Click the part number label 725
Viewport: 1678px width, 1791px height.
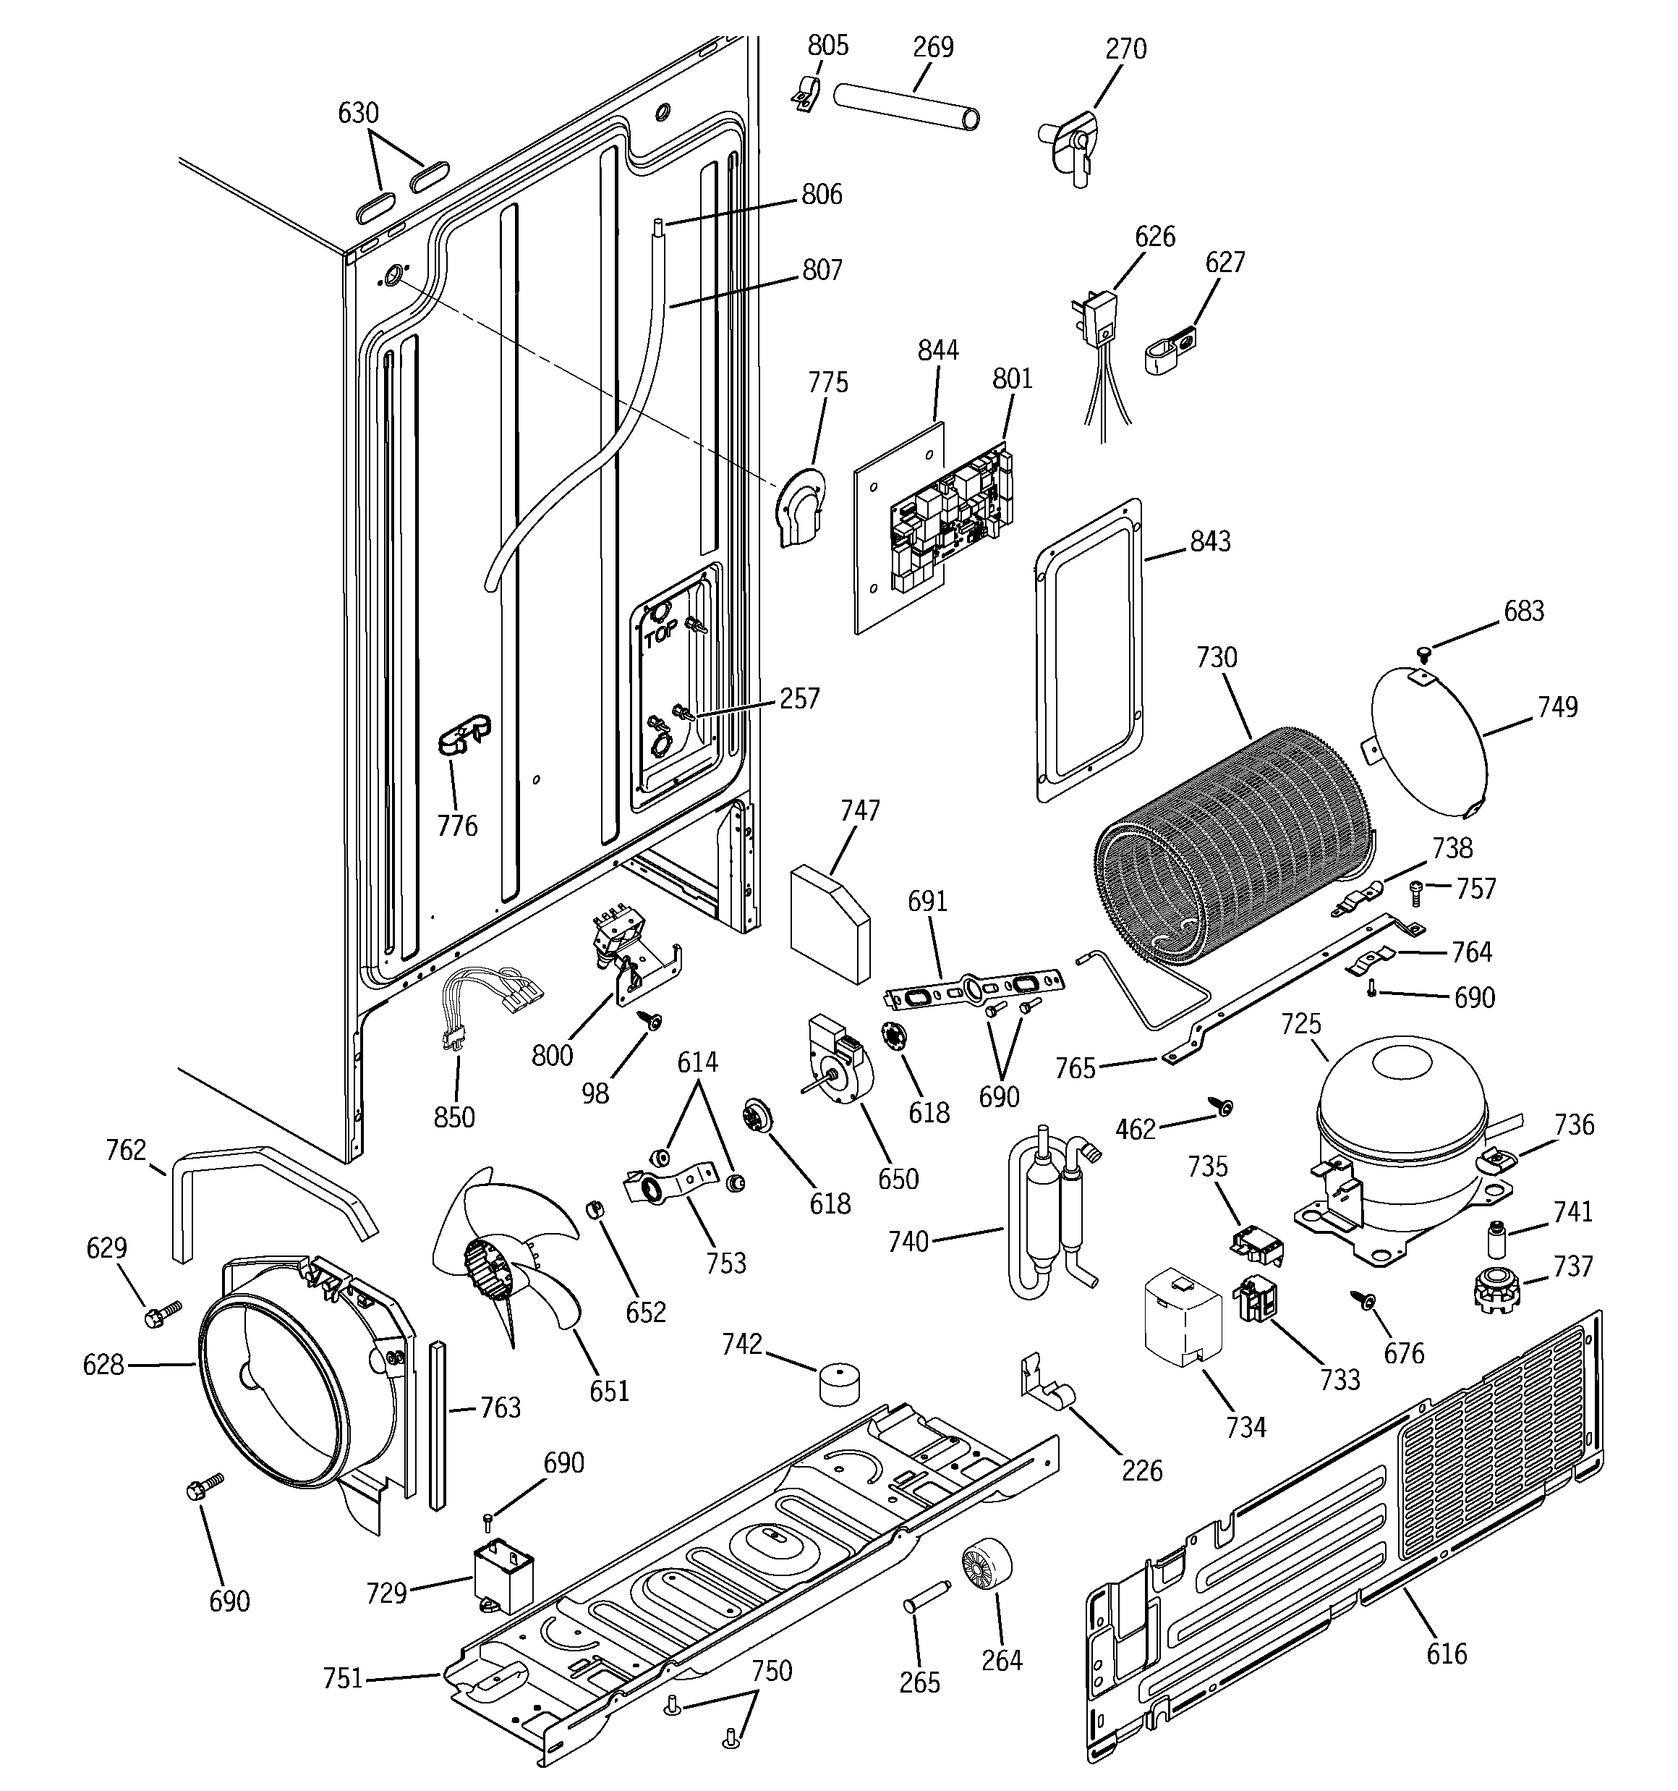1301,1025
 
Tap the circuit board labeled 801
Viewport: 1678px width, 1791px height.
952,522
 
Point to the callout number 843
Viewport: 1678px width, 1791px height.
1209,541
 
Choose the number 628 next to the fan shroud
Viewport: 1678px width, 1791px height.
103,1365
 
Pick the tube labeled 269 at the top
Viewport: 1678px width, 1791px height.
906,107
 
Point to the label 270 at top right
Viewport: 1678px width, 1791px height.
1125,48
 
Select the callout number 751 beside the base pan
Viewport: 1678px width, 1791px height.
342,1678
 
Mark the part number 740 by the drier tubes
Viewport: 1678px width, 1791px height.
908,1242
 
